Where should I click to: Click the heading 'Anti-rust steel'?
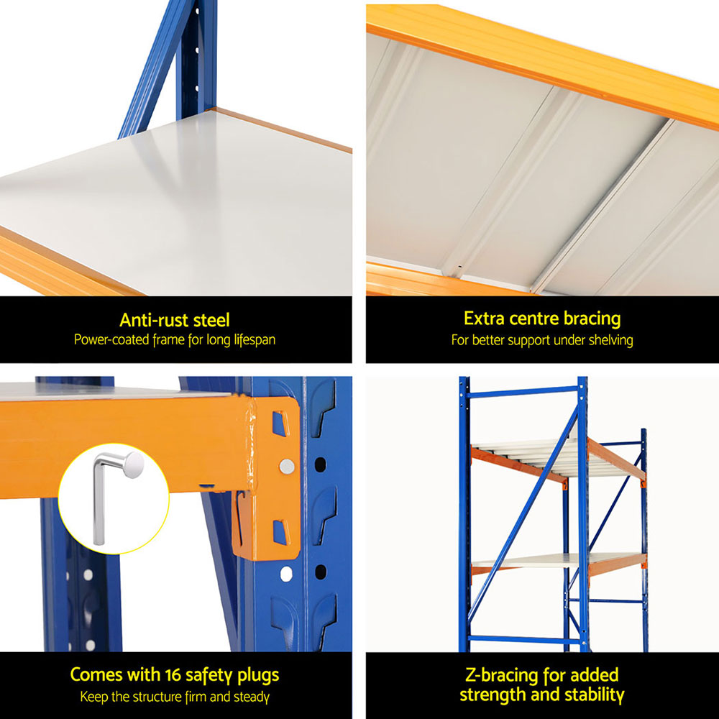pyautogui.click(x=175, y=320)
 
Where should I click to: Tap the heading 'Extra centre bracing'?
pyautogui.click(x=542, y=319)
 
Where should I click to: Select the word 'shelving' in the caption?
pyautogui.click(x=609, y=340)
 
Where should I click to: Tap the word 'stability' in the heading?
pyautogui.click(x=587, y=695)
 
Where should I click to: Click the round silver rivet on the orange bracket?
pyautogui.click(x=286, y=467)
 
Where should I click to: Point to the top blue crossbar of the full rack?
pyautogui.click(x=521, y=393)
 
